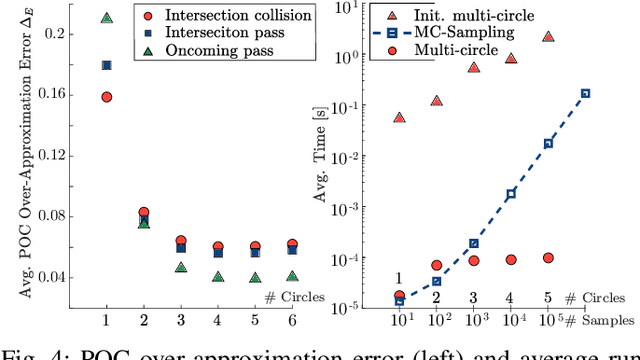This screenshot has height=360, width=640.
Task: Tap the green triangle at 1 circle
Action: point(107,18)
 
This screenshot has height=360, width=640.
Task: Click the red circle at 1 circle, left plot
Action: point(107,97)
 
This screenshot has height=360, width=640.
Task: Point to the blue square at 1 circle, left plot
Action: point(107,66)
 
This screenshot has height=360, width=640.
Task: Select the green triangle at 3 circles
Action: point(180,267)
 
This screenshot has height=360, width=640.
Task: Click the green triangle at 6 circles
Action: point(291,275)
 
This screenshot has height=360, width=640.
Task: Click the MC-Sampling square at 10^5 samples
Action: point(585,93)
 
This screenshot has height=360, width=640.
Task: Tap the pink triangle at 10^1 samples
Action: point(400,117)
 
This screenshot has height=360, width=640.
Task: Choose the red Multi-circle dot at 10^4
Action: point(511,260)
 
